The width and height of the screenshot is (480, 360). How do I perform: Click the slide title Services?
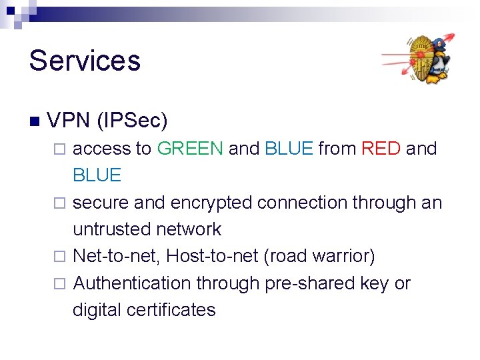coord(85,60)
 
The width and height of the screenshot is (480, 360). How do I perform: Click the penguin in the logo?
coord(437,62)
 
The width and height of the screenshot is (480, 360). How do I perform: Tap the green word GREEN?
coord(190,148)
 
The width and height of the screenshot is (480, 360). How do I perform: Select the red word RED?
coord(381,148)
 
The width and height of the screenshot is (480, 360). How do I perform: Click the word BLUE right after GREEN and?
coord(289,148)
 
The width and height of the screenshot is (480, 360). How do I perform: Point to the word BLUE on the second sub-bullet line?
coord(97,175)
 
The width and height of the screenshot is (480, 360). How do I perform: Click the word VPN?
coord(69,121)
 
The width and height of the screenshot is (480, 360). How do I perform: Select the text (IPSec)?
coord(132,121)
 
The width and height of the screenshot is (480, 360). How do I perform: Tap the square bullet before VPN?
coord(35,121)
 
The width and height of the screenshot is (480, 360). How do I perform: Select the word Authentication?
coord(131,283)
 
